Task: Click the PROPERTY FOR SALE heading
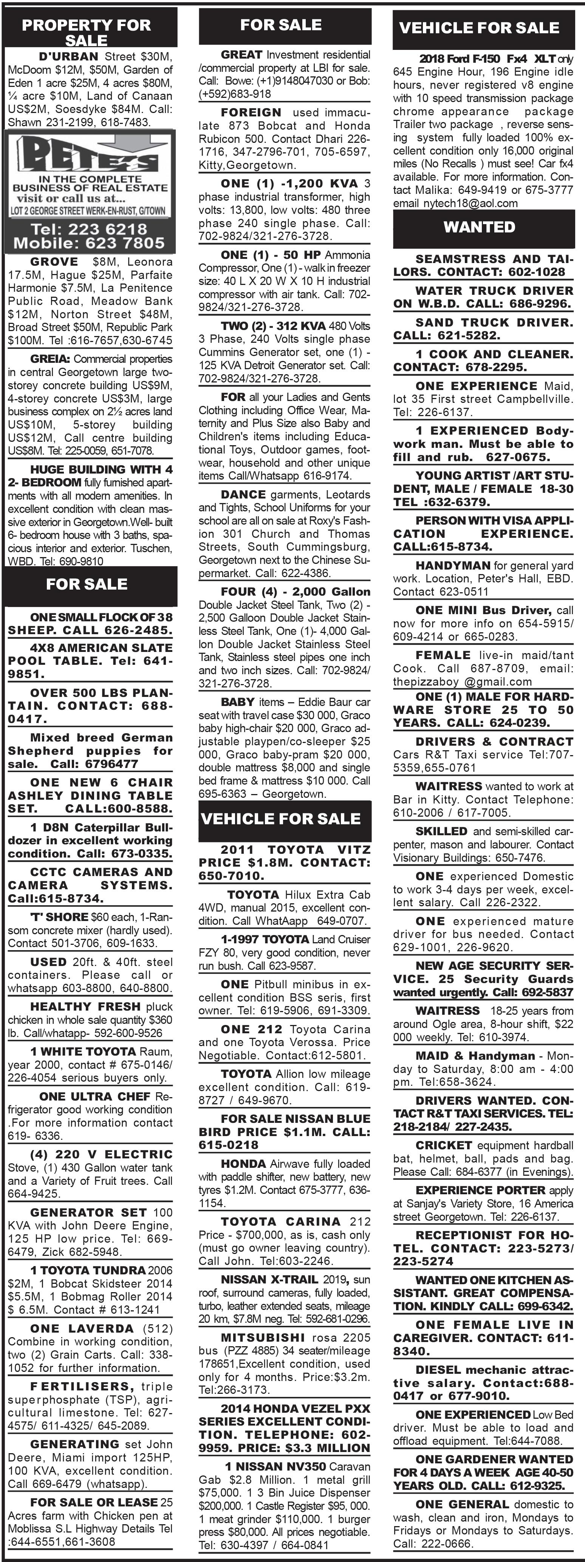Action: (86, 32)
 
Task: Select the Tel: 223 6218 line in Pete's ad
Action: (89, 229)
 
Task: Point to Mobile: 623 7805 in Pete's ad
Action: (89, 243)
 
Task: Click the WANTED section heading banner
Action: (479, 228)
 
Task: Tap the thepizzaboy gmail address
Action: (462, 681)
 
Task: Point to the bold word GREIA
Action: (50, 359)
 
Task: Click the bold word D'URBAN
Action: (68, 56)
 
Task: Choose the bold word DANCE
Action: (243, 495)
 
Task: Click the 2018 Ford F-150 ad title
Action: (487, 59)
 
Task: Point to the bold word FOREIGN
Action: (251, 112)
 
